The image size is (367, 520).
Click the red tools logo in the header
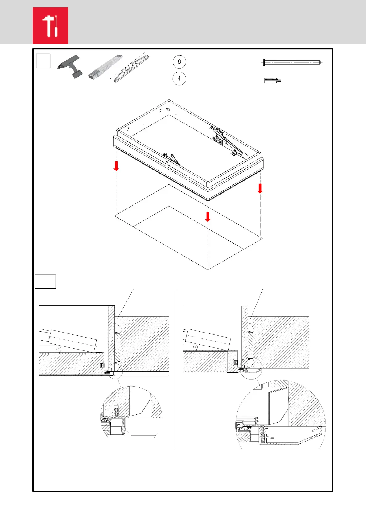click(50, 26)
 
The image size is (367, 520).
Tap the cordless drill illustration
click(70, 66)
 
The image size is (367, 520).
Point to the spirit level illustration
click(131, 68)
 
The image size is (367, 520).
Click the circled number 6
click(179, 62)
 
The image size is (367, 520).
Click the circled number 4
click(179, 78)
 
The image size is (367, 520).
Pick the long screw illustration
click(291, 62)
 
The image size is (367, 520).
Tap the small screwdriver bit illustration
click(273, 81)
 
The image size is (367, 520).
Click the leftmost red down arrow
click(116, 166)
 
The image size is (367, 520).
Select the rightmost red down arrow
click(260, 188)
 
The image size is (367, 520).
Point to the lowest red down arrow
click(208, 217)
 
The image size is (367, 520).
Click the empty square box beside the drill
click(43, 61)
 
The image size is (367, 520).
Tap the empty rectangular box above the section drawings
click(45, 281)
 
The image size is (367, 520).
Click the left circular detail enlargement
click(131, 412)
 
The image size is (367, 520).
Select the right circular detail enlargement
click(281, 415)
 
